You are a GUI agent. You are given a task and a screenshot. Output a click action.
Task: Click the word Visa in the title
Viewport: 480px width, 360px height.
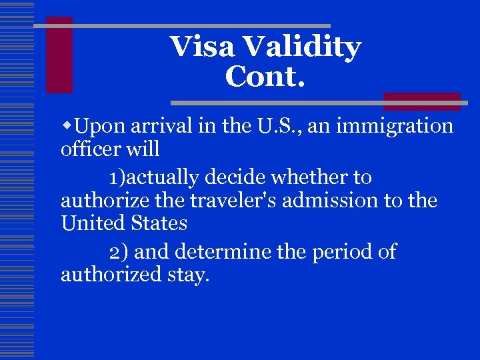(x=203, y=47)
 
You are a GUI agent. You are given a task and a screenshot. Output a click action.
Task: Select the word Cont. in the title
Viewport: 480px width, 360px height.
(x=265, y=77)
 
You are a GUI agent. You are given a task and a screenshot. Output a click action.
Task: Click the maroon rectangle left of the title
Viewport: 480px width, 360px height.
(x=59, y=55)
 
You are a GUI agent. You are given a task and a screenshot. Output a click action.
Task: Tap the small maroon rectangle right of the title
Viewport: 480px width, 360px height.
(x=421, y=101)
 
